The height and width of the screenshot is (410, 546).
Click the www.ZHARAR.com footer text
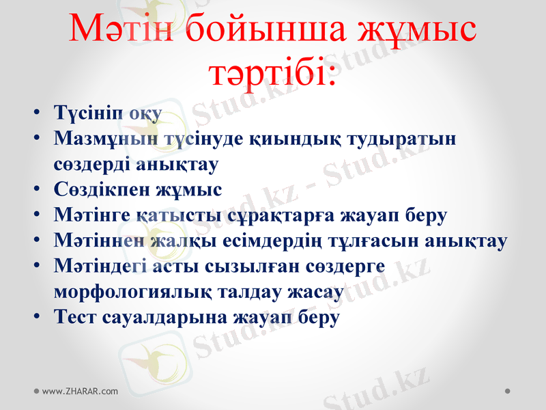(x=80, y=392)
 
